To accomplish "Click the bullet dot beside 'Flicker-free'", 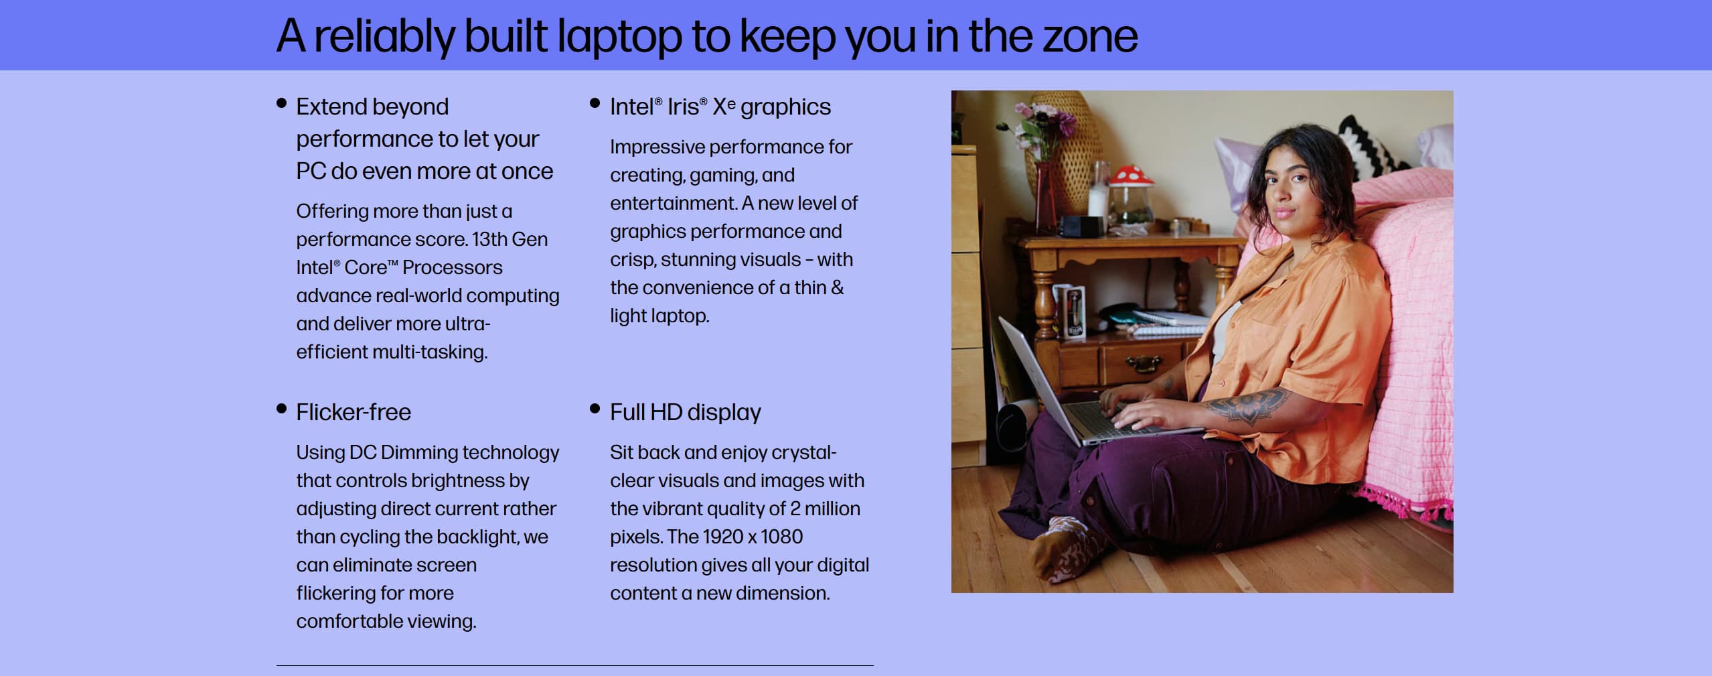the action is [281, 409].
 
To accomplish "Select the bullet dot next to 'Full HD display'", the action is [595, 409].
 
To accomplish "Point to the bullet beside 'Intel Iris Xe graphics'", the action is [595, 103].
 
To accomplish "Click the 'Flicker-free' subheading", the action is [354, 412].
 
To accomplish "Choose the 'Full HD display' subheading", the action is [685, 413].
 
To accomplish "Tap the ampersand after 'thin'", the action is [837, 287].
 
